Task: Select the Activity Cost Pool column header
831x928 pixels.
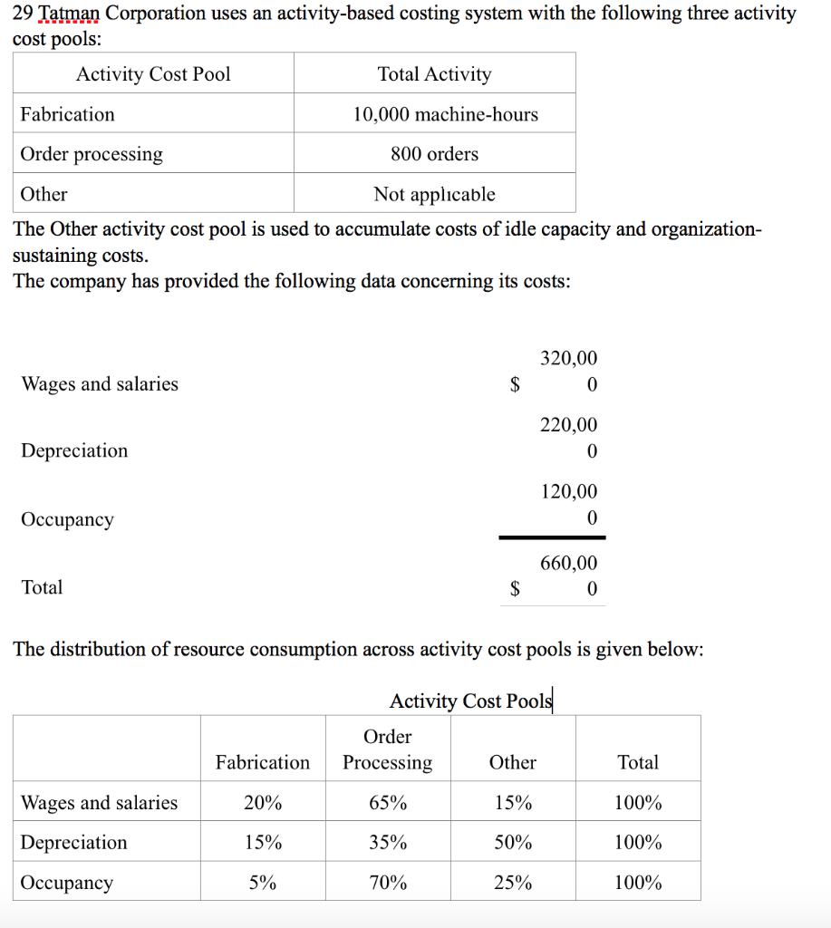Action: click(153, 74)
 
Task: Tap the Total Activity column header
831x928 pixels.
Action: click(434, 74)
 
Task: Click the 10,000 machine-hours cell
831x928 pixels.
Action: click(445, 114)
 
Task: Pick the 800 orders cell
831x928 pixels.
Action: click(434, 154)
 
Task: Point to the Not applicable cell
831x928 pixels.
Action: click(434, 194)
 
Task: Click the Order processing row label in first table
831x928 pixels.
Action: click(92, 154)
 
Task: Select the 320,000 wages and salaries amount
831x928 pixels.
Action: click(569, 372)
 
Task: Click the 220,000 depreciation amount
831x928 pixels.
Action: click(569, 438)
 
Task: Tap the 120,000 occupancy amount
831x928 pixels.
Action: click(569, 505)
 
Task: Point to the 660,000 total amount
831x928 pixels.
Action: click(569, 575)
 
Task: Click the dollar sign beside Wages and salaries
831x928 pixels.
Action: click(515, 385)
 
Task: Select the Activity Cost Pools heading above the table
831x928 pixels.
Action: click(470, 701)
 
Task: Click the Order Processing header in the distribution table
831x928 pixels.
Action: click(388, 749)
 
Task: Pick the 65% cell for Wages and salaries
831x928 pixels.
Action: click(388, 803)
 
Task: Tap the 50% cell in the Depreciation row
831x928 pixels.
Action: click(513, 843)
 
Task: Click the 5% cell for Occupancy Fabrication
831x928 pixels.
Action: click(263, 883)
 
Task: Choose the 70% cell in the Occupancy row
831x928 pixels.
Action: click(388, 883)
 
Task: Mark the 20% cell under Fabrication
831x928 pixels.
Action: click(263, 803)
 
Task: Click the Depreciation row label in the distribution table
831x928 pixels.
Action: click(74, 843)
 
